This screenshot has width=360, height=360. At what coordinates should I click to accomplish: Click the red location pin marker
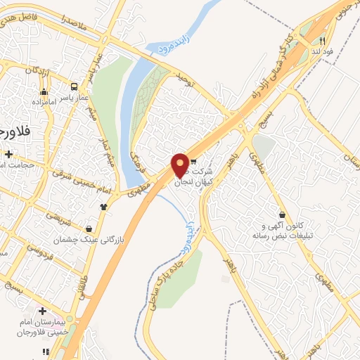tap(180, 166)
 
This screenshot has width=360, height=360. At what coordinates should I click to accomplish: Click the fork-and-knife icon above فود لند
tap(322, 40)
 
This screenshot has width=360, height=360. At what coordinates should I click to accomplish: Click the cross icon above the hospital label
tap(42, 311)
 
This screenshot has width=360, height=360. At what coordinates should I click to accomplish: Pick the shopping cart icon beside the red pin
tap(193, 161)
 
